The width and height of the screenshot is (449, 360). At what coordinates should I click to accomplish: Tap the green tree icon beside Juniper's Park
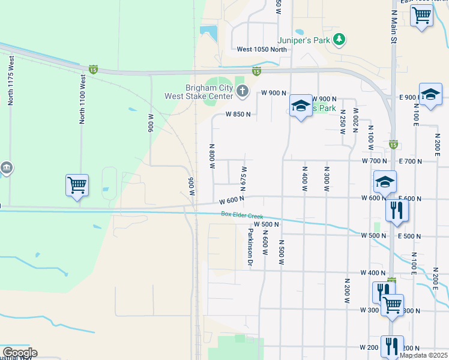pyautogui.click(x=340, y=40)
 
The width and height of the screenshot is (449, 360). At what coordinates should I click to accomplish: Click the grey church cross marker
pyautogui.click(x=242, y=91)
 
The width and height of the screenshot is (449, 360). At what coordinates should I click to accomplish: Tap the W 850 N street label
pyautogui.click(x=237, y=113)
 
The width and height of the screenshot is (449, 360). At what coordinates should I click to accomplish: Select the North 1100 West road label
pyautogui.click(x=82, y=99)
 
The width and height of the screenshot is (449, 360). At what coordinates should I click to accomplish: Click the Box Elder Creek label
pyautogui.click(x=242, y=214)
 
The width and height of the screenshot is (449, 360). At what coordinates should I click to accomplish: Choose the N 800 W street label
pyautogui.click(x=211, y=156)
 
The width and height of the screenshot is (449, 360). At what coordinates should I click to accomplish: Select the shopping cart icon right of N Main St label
pyautogui.click(x=421, y=14)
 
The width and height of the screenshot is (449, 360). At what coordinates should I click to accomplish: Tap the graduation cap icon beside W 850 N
pyautogui.click(x=301, y=106)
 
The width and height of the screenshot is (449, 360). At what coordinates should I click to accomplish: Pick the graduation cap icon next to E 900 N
pyautogui.click(x=430, y=94)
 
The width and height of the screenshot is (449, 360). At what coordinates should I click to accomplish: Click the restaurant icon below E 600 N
pyautogui.click(x=397, y=210)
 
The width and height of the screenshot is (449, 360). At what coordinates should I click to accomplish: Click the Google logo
pyautogui.click(x=19, y=353)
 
